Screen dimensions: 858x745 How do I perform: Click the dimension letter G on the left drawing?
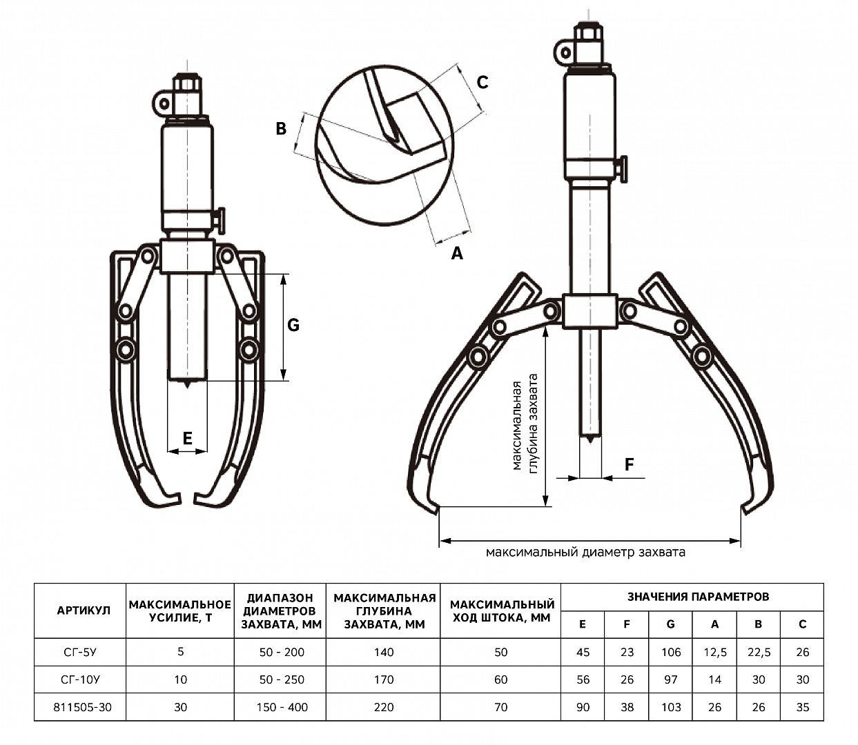tap(293, 325)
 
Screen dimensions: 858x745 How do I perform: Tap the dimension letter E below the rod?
tap(188, 438)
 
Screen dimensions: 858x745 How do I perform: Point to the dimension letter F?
tap(629, 464)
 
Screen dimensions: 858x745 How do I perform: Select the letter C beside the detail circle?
tap(482, 82)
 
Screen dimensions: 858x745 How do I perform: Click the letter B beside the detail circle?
tap(281, 128)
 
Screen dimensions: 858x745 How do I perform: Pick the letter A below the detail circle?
tap(457, 253)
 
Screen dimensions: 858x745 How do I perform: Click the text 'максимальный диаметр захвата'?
tap(585, 553)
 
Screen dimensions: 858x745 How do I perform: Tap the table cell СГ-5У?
tap(79, 652)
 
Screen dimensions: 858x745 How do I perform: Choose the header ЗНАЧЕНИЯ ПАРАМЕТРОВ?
tap(699, 597)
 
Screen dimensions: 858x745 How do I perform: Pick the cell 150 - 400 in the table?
tap(282, 707)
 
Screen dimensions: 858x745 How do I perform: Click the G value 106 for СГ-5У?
tap(671, 652)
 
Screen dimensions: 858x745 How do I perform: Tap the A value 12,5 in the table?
tap(715, 652)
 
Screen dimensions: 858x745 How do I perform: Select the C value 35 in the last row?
tap(802, 707)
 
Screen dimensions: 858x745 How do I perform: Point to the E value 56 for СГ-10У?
tap(583, 679)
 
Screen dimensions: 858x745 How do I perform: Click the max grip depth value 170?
tap(384, 679)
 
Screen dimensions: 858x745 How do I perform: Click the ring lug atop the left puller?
tap(162, 103)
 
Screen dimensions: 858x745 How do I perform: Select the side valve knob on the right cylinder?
tap(623, 169)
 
